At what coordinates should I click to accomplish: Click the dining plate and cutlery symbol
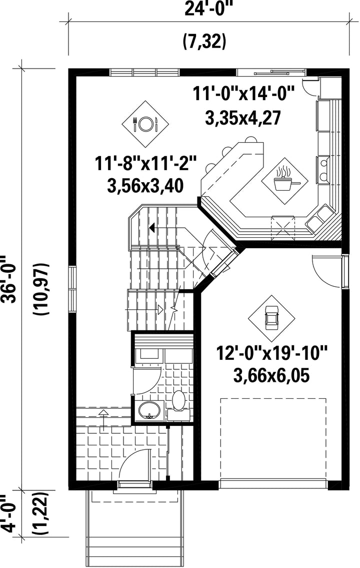(145, 124)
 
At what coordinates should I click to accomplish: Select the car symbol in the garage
(271, 318)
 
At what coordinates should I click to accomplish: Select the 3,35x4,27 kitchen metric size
(243, 118)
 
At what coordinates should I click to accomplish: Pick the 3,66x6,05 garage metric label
(271, 376)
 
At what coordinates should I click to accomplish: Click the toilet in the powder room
(178, 403)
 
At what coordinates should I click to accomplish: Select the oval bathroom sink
(149, 410)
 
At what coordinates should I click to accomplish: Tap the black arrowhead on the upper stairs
(152, 228)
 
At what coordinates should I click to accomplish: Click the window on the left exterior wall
(72, 289)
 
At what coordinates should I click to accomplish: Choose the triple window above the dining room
(144, 73)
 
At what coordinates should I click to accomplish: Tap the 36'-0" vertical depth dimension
(8, 279)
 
